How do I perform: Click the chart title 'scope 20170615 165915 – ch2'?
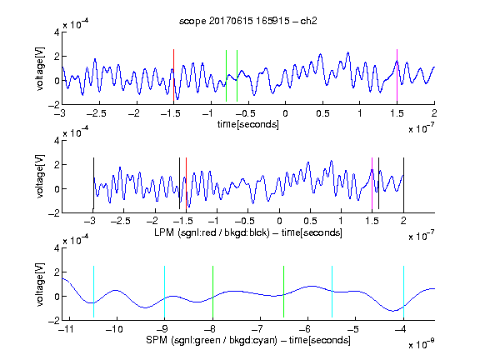click(x=247, y=21)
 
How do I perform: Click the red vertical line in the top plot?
click(x=173, y=75)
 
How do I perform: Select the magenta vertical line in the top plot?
click(x=397, y=75)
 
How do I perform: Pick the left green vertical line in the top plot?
click(x=226, y=76)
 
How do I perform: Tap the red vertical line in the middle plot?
click(x=186, y=183)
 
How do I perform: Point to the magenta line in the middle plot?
click(x=372, y=183)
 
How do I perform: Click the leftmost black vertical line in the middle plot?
click(x=93, y=183)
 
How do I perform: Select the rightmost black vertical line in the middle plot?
click(x=404, y=183)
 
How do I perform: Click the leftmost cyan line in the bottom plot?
click(x=93, y=292)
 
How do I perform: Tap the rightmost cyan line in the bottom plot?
click(x=404, y=292)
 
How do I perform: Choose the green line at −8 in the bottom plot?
click(x=212, y=292)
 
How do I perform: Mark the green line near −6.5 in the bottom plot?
click(x=284, y=292)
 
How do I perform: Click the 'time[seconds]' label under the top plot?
click(x=248, y=125)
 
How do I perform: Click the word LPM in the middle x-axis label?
click(x=164, y=232)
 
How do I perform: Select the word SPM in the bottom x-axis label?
click(x=156, y=340)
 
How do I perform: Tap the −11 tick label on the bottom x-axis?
click(x=67, y=329)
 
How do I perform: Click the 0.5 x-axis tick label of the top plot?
click(x=322, y=113)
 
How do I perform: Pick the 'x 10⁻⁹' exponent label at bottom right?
click(x=422, y=344)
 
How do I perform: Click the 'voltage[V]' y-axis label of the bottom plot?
click(x=40, y=284)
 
